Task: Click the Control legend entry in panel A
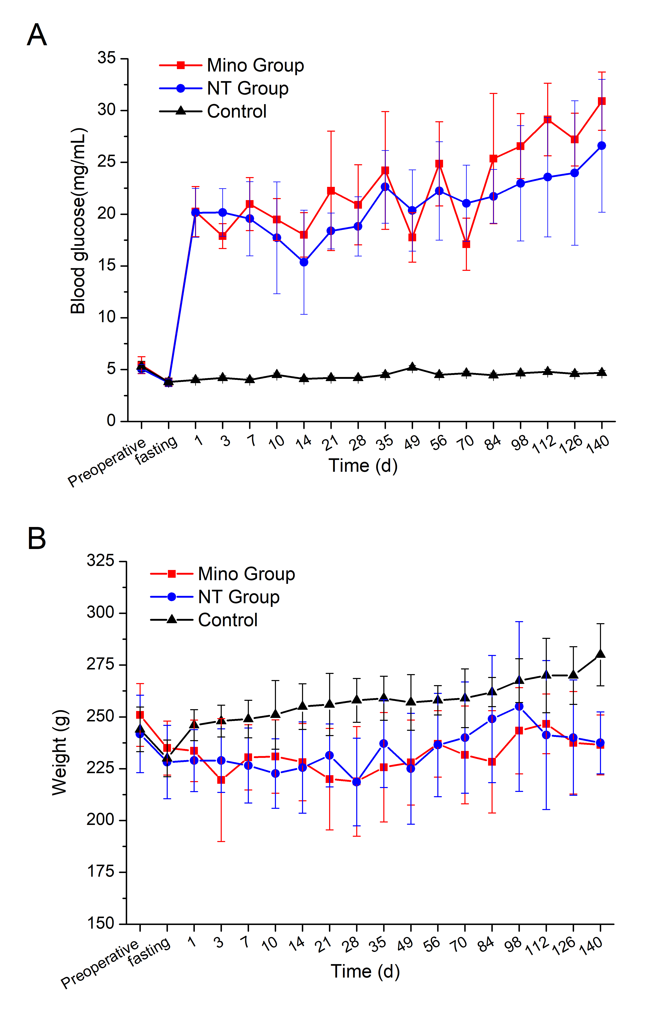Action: (236, 111)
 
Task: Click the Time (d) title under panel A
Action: (363, 465)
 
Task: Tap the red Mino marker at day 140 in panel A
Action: (602, 101)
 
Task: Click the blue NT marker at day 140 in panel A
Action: (602, 146)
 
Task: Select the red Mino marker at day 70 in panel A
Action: (466, 244)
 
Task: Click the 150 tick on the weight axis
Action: (100, 923)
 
